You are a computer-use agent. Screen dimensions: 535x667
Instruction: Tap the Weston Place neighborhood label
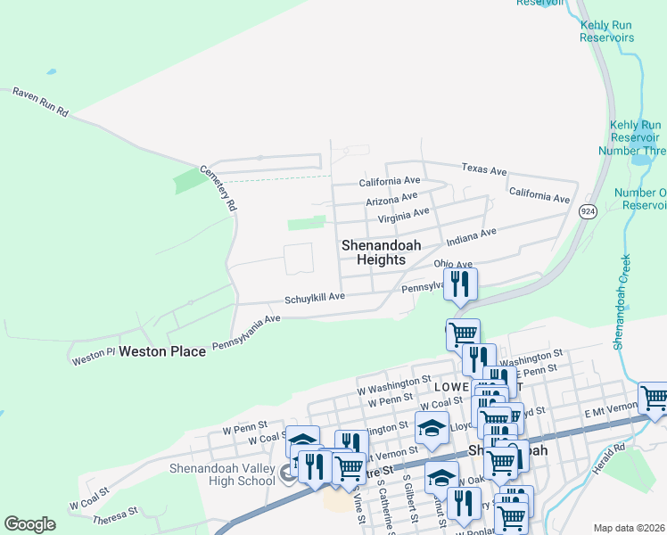[x=163, y=351]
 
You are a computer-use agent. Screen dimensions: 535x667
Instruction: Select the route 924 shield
[x=587, y=211]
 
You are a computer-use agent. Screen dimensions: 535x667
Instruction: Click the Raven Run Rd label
[x=40, y=102]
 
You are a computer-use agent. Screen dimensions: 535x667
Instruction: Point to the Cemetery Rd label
[x=219, y=188]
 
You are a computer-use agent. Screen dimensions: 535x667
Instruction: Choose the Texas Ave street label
[x=483, y=169]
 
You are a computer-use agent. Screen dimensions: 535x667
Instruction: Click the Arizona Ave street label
[x=391, y=198]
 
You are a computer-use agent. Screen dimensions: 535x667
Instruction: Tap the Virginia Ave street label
[x=403, y=215]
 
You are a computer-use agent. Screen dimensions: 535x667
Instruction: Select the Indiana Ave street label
[x=471, y=237]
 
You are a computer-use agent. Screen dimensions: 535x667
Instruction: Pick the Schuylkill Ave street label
[x=315, y=297]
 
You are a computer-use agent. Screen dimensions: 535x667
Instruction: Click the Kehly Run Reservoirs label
[x=606, y=32]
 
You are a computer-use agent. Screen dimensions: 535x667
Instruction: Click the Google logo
[x=29, y=524]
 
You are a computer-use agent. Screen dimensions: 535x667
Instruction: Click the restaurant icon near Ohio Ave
[x=460, y=284]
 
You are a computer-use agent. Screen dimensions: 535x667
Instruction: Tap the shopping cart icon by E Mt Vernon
[x=654, y=399]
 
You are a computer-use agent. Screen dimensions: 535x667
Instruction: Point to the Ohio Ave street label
[x=452, y=264]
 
